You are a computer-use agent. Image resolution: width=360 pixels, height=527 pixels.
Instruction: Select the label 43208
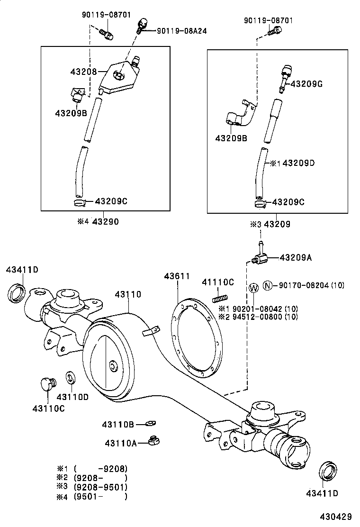[x=83, y=72]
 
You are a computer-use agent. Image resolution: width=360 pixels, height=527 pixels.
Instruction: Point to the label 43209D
[x=299, y=163]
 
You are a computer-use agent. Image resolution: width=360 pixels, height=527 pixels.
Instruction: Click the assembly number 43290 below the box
[x=105, y=222]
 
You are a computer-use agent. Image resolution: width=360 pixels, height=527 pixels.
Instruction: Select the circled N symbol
[x=268, y=285]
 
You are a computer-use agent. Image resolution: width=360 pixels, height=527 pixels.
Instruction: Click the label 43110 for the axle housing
[x=128, y=294]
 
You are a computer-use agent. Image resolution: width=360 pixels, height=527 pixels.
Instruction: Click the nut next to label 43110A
[x=153, y=440]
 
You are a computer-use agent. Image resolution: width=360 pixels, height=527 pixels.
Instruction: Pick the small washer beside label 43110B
[x=151, y=423]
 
